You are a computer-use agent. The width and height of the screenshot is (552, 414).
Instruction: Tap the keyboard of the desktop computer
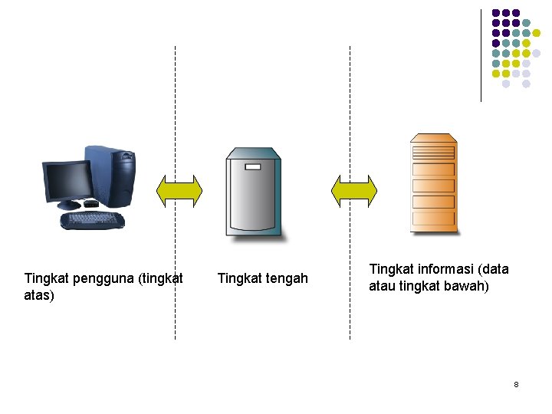click(x=92, y=221)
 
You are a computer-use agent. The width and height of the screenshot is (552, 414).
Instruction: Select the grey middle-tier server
click(x=253, y=192)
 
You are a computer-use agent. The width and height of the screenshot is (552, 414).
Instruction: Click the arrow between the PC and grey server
click(x=179, y=191)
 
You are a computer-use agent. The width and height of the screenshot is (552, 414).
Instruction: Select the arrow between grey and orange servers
click(x=353, y=191)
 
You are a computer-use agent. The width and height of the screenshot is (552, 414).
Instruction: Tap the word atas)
click(x=39, y=295)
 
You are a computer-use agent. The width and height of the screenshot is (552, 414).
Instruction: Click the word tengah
click(x=284, y=278)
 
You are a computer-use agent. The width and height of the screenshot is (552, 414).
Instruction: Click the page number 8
click(x=516, y=384)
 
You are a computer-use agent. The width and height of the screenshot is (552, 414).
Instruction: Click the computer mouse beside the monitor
click(x=90, y=204)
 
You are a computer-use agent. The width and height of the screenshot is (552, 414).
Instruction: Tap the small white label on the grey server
click(x=252, y=166)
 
